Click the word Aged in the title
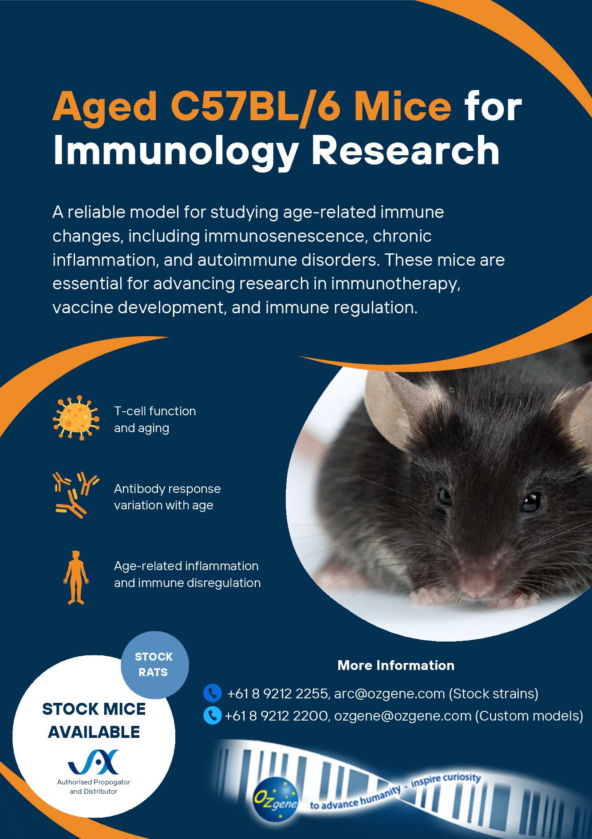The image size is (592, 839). (105, 107)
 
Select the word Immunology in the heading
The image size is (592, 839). (176, 152)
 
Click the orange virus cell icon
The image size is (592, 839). (76, 418)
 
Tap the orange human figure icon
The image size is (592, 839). (76, 577)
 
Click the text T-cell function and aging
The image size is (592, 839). (155, 419)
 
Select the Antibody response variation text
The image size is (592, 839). (167, 497)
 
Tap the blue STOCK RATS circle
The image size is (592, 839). (154, 665)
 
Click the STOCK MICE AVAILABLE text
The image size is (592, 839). (94, 721)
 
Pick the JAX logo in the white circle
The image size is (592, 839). (94, 762)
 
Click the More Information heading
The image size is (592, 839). (396, 665)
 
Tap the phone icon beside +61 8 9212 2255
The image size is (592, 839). (212, 693)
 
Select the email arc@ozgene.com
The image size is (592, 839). (389, 693)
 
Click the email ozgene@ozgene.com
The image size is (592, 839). (403, 716)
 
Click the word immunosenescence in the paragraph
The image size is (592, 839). (286, 236)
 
